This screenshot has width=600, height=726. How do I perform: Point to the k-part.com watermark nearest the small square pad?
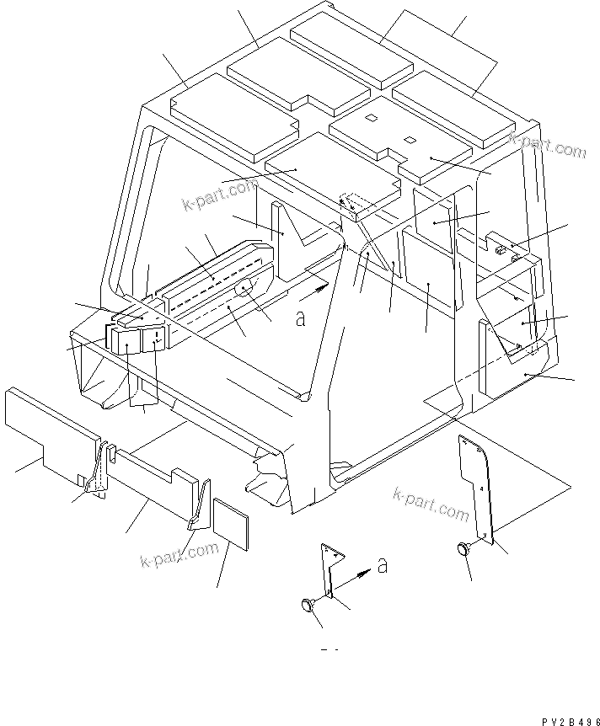click(x=179, y=554)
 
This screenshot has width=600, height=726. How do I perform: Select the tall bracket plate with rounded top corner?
click(x=477, y=484)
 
